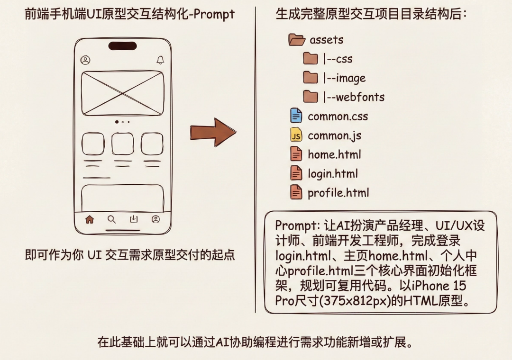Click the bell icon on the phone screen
pyautogui.click(x=160, y=60)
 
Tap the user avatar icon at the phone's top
pyautogui.click(x=85, y=60)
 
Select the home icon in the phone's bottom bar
pyautogui.click(x=90, y=219)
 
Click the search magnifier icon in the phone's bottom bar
pyautogui.click(x=112, y=219)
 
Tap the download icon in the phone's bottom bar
pyautogui.click(x=134, y=219)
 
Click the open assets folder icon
pyautogui.click(x=297, y=39)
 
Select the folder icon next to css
pyautogui.click(x=310, y=59)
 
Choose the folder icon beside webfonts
pyautogui.click(x=310, y=97)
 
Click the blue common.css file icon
pyautogui.click(x=296, y=116)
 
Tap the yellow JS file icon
pyautogui.click(x=296, y=135)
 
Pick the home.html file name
pyautogui.click(x=334, y=154)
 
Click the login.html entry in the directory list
pyautogui.click(x=333, y=174)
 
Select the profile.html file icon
pyautogui.click(x=296, y=192)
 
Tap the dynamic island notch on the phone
pyautogui.click(x=122, y=45)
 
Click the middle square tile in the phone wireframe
pyautogui.click(x=122, y=144)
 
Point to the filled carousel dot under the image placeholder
pyautogui.click(x=117, y=122)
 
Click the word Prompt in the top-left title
pyautogui.click(x=215, y=15)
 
